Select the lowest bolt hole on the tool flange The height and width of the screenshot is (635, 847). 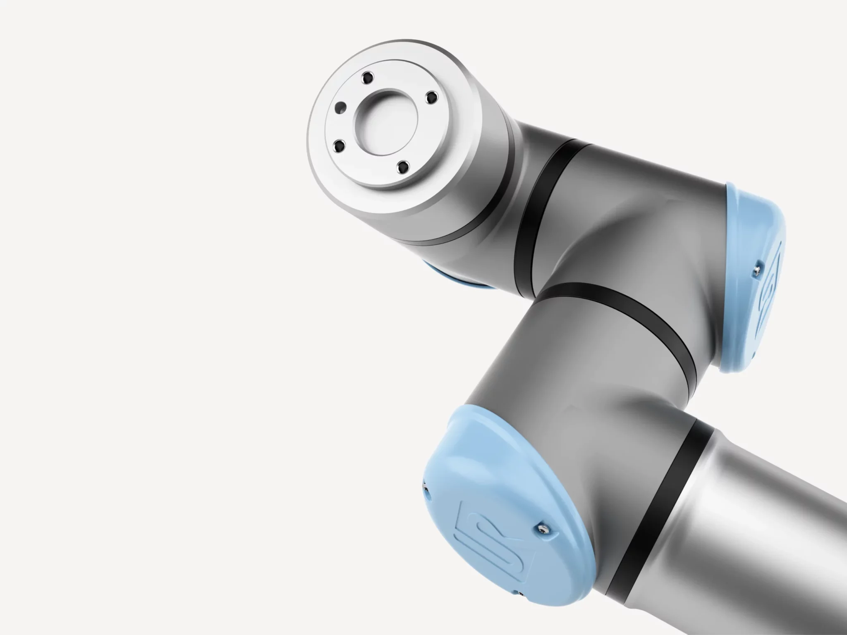click(401, 167)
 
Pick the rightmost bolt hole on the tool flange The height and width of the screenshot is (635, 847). click(432, 97)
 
